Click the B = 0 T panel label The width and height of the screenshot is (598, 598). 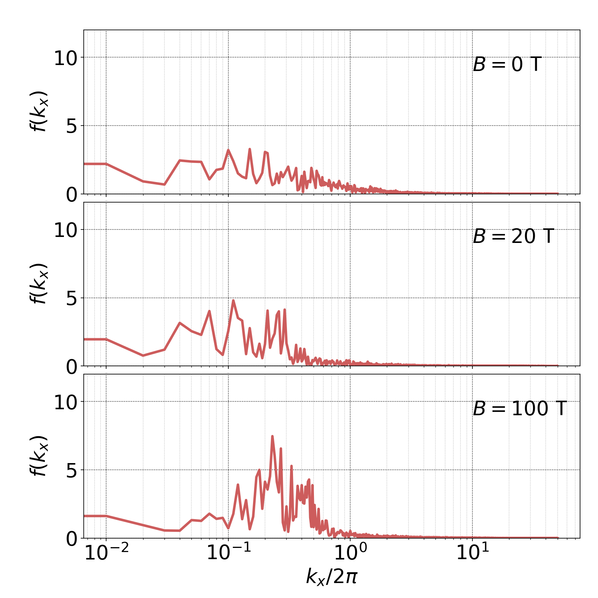(x=507, y=65)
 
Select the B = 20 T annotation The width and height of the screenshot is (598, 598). (x=513, y=237)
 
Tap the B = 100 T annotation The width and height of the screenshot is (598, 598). (x=520, y=409)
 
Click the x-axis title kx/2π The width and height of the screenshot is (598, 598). (x=332, y=577)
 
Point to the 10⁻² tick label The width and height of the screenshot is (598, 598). (x=107, y=553)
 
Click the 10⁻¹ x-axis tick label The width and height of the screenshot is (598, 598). (x=228, y=553)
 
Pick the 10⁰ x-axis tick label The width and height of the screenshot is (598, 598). (x=350, y=553)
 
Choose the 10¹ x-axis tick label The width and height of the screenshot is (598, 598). (x=472, y=553)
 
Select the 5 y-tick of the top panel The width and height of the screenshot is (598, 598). (x=72, y=127)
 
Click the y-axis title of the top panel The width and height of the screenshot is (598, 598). (x=39, y=111)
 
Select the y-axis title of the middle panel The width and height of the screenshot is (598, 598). (x=39, y=283)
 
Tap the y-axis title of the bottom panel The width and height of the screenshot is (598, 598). (x=39, y=456)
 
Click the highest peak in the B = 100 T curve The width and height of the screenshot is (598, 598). (x=272, y=436)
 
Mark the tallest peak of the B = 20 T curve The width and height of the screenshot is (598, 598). (x=233, y=300)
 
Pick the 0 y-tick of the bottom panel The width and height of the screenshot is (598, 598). (x=72, y=539)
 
